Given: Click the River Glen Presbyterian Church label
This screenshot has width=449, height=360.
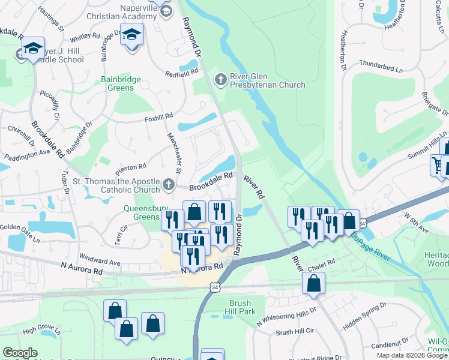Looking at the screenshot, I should (x=268, y=80).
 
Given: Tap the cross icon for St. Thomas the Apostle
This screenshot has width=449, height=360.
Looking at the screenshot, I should (x=169, y=183).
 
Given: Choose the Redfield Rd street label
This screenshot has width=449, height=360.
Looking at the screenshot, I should (x=182, y=72).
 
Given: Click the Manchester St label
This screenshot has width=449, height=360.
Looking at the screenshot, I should (x=175, y=151).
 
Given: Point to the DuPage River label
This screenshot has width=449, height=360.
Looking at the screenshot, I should (x=370, y=246).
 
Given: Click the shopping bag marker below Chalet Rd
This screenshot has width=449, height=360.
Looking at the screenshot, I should (x=314, y=283).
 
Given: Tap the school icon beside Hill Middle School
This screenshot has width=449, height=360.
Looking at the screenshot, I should (x=34, y=48).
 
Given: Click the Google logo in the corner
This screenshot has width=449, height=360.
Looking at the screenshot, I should (x=20, y=353).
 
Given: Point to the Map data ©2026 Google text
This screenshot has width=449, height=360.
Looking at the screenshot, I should (x=412, y=356).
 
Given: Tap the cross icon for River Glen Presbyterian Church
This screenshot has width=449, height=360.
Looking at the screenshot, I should (x=221, y=79).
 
